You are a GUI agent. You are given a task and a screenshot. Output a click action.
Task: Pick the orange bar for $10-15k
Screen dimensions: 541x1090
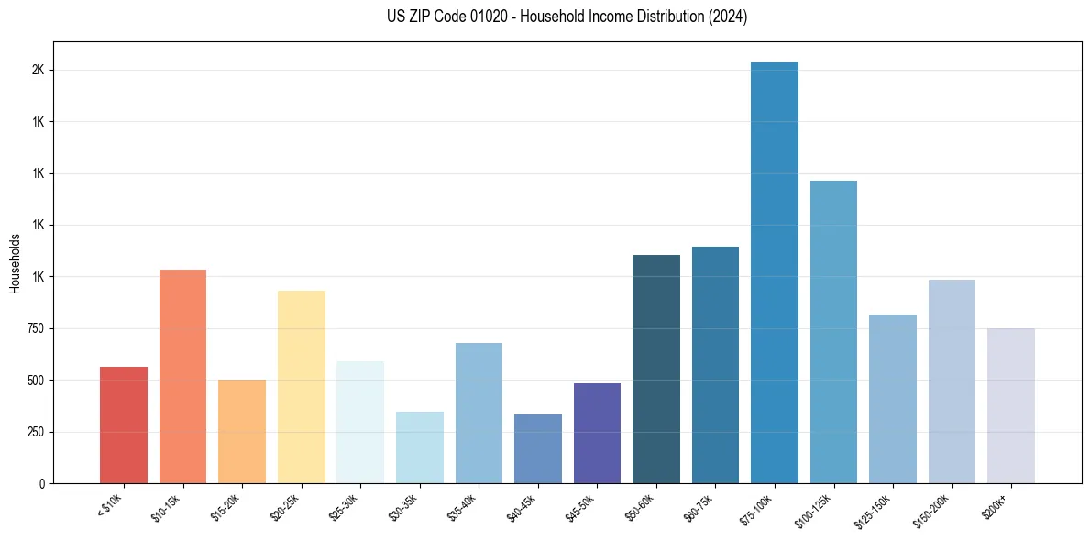182,376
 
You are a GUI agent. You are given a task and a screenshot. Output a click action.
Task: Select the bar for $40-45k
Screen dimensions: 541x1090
537,448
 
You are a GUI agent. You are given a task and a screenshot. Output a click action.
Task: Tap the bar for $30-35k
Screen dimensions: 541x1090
419,447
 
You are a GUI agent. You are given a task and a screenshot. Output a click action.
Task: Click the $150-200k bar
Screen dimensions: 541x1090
952,381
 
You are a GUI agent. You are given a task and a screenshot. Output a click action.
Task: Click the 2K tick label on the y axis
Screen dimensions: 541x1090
38,71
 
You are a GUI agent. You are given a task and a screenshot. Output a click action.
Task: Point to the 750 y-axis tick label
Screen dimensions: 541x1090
35,328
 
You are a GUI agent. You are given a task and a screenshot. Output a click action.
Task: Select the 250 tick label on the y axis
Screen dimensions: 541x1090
35,432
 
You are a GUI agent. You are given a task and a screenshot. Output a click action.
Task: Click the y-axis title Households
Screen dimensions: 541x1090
16,263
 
